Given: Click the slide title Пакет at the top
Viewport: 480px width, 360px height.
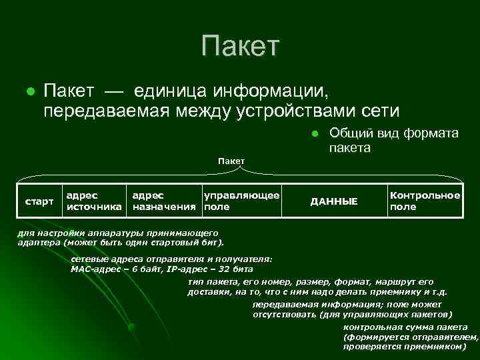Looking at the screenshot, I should (x=241, y=47).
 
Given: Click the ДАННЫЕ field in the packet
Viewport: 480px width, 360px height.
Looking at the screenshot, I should (x=335, y=201).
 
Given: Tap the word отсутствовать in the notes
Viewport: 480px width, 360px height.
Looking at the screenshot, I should (x=283, y=315).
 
